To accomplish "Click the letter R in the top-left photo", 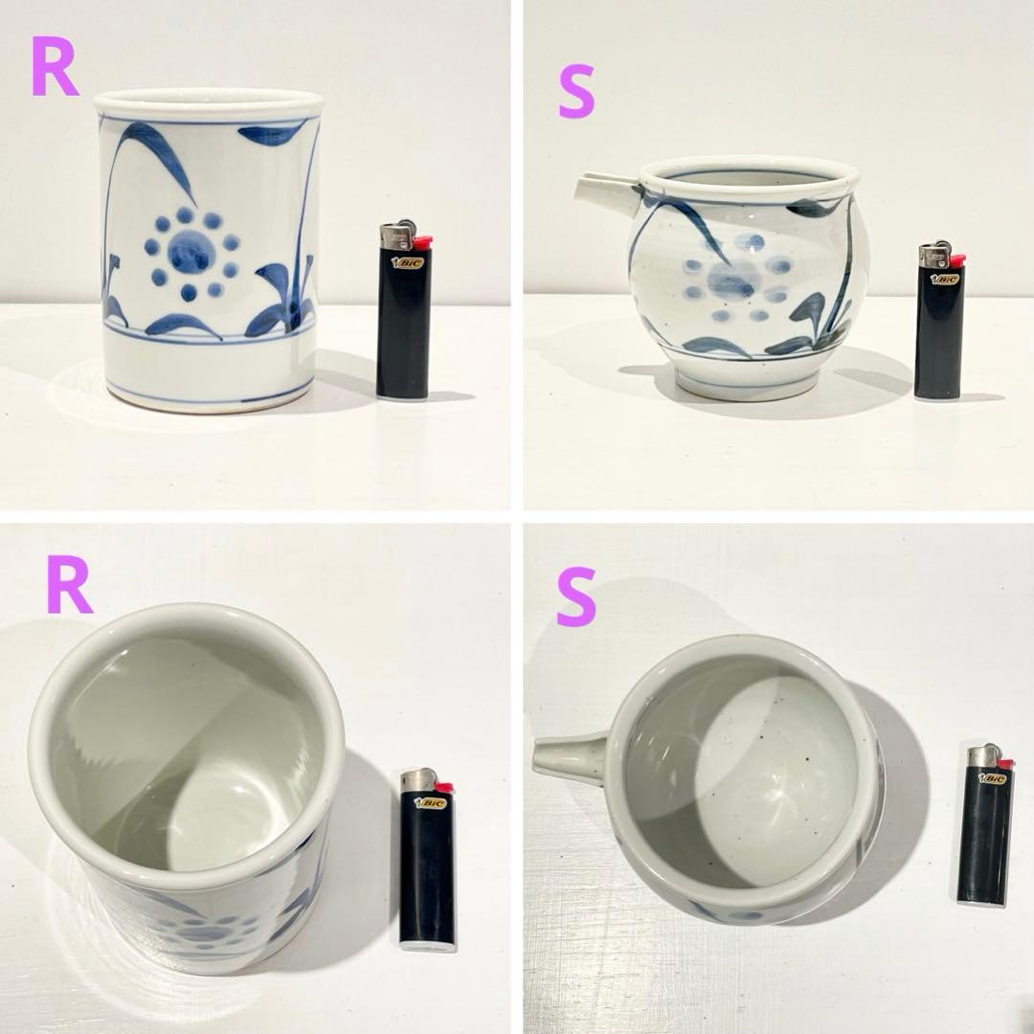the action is (x=55, y=66).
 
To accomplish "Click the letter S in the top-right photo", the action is (x=576, y=94).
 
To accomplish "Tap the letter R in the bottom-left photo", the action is (x=69, y=584).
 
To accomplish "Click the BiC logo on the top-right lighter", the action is (x=944, y=279).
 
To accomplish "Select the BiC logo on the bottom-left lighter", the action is (x=431, y=803).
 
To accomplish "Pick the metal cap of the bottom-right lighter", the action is (x=982, y=755).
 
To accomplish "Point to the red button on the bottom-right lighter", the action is (x=1004, y=764).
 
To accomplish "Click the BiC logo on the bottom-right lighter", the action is (x=993, y=778).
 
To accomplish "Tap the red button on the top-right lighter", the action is (x=956, y=259).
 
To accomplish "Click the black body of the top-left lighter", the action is (x=404, y=325).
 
